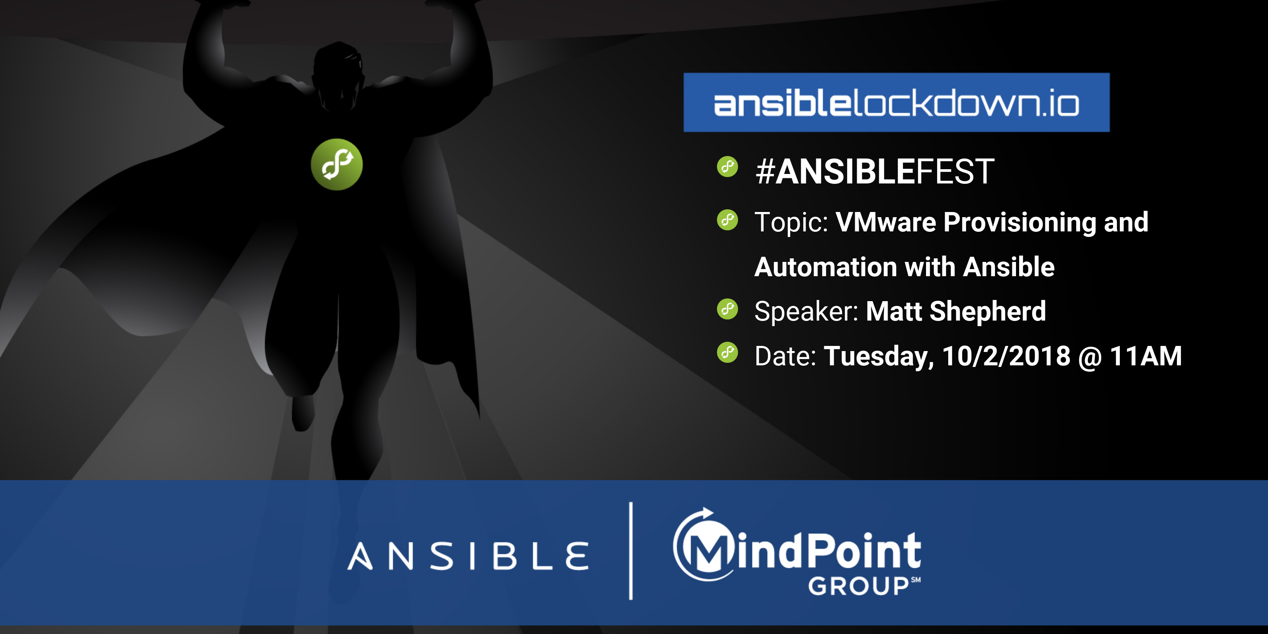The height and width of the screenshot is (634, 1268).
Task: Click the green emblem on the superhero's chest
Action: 337,164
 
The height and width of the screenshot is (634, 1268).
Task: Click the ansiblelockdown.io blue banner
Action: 896,102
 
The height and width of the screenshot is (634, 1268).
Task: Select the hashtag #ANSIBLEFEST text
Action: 875,172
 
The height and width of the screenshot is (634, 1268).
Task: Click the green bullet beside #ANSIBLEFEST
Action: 728,166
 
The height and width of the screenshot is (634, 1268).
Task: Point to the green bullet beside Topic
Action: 728,220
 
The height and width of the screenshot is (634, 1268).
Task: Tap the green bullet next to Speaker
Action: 728,309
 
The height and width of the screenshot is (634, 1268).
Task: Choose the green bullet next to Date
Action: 728,352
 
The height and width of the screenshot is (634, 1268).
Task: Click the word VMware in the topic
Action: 886,222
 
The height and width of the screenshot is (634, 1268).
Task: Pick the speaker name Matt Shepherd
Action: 956,311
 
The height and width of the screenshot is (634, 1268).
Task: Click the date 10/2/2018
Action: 1006,356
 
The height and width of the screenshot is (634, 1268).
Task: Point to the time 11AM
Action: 1146,356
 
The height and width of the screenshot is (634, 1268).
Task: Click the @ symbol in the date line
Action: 1090,357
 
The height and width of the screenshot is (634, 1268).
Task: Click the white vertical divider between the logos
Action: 631,551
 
